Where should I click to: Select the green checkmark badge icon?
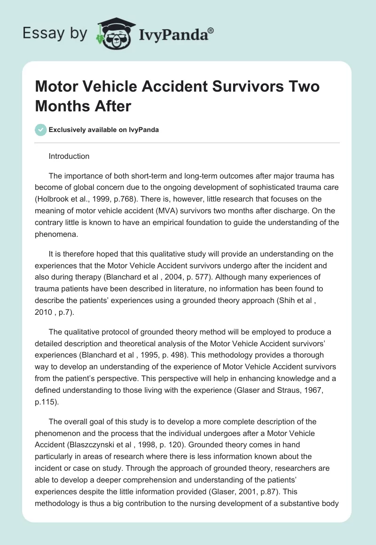40,130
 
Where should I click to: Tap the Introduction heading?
69,156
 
